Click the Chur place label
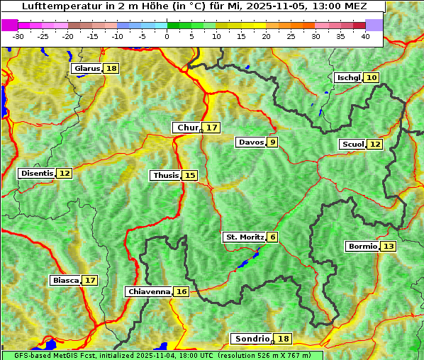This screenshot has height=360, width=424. tap(187, 128)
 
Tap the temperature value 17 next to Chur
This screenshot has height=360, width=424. tap(212, 128)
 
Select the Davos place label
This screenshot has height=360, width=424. tap(250, 142)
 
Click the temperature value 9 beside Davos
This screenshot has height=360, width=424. tap(272, 142)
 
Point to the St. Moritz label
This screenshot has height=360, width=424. tap(244, 237)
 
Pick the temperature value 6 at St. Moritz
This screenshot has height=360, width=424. tap(273, 237)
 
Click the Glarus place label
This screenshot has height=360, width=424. tap(87, 68)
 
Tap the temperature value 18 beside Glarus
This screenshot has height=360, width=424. tap(111, 68)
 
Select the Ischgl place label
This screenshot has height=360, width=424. tap(348, 77)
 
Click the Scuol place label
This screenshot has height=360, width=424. tap(352, 144)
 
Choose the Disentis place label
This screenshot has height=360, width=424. tap(37, 173)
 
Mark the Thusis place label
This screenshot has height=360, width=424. tap(165, 175)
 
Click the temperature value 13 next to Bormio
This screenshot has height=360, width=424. tap(388, 247)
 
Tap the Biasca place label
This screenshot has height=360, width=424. tap(65, 280)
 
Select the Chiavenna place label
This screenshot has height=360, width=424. tap(149, 291)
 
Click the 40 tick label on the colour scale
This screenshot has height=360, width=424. tap(365, 36)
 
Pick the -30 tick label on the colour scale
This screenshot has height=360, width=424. tap(19, 36)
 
